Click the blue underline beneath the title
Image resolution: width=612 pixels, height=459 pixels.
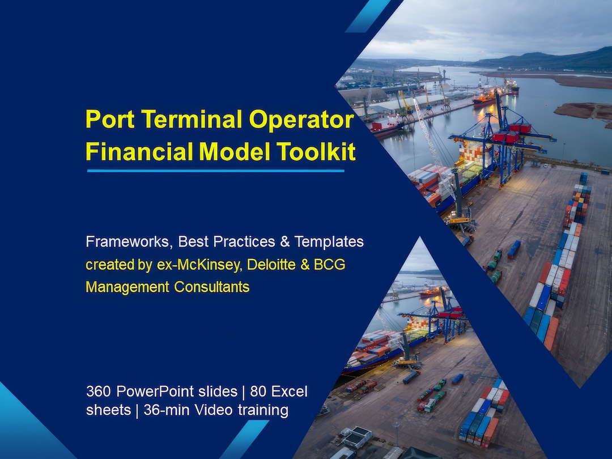[215, 170]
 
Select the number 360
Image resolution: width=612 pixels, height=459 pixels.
[99, 391]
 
